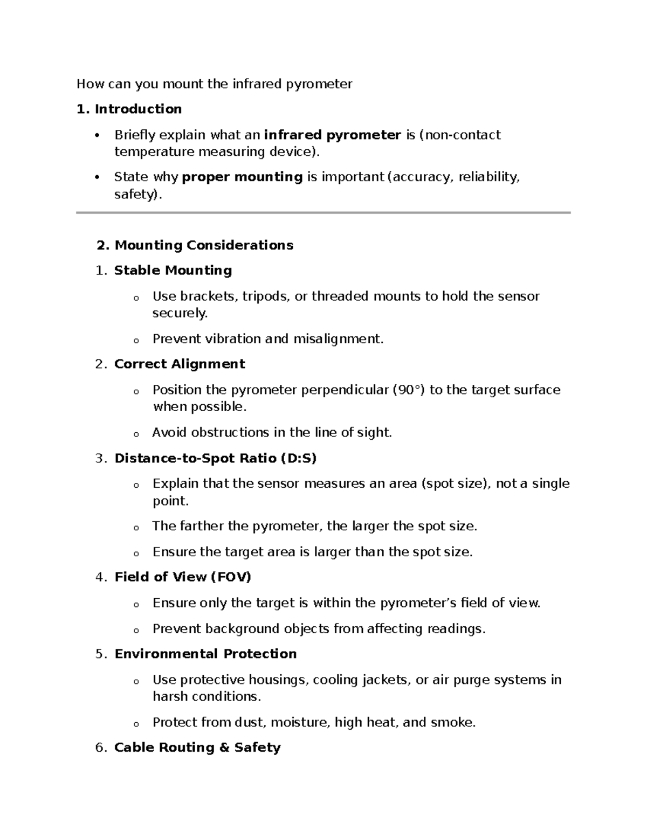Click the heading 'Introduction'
point(138,109)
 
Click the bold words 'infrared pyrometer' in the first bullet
point(332,135)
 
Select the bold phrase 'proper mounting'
point(242,177)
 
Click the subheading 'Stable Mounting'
point(173,271)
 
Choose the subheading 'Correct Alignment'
point(180,364)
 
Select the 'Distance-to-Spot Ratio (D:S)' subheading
point(215,459)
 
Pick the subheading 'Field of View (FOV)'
point(183,577)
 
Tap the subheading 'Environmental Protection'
point(205,654)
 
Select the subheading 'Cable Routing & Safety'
point(197,748)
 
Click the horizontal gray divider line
point(323,213)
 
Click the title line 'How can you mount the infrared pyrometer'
point(214,84)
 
